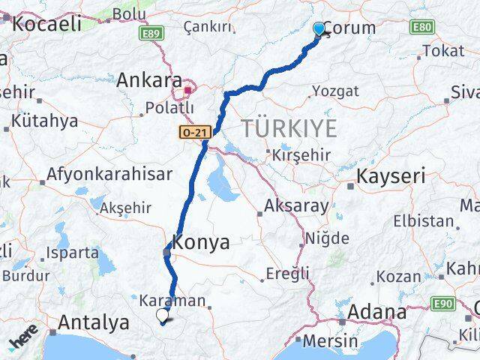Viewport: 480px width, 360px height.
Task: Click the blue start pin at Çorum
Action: pos(319,28)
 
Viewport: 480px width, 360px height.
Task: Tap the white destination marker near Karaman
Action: pos(162,316)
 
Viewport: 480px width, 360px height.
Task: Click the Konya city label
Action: pos(201,241)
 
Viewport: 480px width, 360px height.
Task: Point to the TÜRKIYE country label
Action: pos(289,128)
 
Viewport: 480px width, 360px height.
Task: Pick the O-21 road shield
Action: pos(193,131)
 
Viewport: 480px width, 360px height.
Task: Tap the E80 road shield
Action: pos(421,27)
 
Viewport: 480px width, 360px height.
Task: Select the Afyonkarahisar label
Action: pos(109,173)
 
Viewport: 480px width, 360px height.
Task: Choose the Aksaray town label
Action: pos(295,204)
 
